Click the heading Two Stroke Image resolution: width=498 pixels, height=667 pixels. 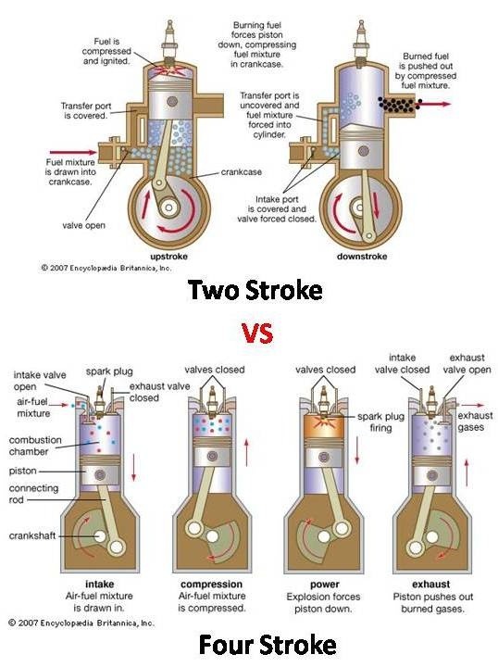[255, 290]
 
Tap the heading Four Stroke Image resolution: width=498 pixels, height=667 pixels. [255, 643]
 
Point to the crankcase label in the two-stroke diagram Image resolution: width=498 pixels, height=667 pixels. [240, 172]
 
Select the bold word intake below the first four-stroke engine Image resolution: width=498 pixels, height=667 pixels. [99, 585]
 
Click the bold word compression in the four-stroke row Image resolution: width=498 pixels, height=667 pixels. [212, 585]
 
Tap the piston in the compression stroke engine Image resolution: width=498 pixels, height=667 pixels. [214, 466]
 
